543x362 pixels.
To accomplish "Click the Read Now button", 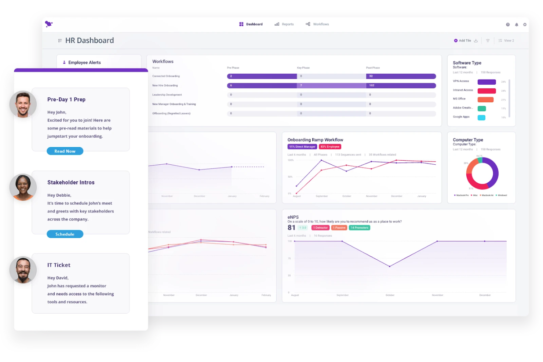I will pos(65,151).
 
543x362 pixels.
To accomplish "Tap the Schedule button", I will pos(65,234).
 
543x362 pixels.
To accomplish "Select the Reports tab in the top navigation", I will pos(284,24).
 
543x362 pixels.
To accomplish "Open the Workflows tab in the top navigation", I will pos(317,24).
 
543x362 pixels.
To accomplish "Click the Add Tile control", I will pos(463,41).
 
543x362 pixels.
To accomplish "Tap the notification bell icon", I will pos(517,25).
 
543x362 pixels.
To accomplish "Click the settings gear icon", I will pos(525,25).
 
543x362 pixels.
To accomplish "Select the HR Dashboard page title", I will pos(90,40).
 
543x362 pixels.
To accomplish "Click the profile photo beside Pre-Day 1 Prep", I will pos(23,104).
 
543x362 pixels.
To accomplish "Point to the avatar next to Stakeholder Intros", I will pos(23,187).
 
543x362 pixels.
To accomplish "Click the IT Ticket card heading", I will pos(59,265).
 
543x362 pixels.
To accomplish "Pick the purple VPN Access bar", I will pos(486,82).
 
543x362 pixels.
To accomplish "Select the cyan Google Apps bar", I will pos(481,117).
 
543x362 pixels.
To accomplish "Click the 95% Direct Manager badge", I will pos(302,147).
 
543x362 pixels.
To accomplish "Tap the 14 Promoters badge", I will pos(360,228).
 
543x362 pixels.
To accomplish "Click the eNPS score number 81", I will pos(291,228).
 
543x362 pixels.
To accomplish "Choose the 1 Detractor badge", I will pos(320,228).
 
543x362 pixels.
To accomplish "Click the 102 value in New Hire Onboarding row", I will pos(372,85).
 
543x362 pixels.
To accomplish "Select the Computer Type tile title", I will pos(468,140).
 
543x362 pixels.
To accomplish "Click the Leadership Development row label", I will pos(167,95).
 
